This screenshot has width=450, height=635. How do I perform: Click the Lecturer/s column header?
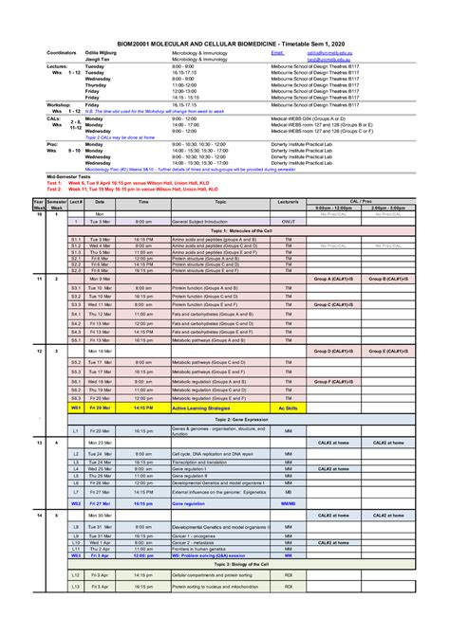288,202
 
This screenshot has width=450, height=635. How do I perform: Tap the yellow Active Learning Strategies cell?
199,407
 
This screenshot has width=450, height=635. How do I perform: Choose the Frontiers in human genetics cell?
198,549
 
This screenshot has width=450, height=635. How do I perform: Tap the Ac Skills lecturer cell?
288,407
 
